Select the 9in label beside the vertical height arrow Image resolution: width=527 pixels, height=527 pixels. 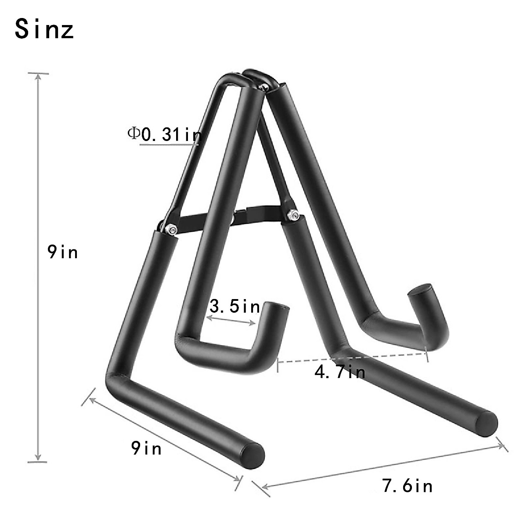[63, 252]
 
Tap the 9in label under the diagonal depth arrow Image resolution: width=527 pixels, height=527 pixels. [146, 448]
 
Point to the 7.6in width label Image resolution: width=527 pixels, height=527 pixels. [408, 486]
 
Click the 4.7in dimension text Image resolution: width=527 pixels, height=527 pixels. [340, 372]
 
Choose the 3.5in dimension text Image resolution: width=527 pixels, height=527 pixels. [235, 306]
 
